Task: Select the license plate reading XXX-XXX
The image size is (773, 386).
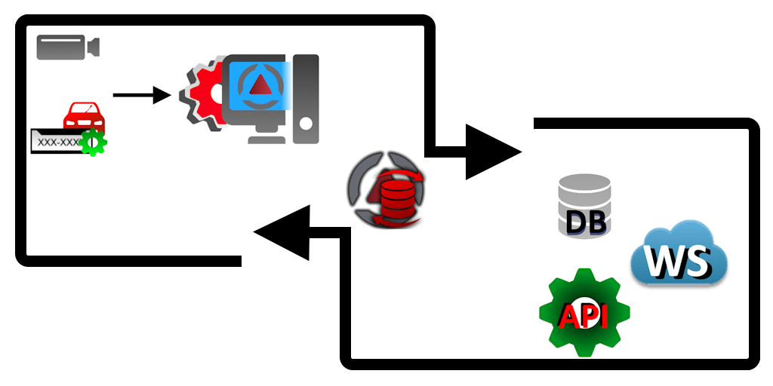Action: [x=57, y=141]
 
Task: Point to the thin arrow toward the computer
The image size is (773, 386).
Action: [x=140, y=95]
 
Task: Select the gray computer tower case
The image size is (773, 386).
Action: [x=306, y=98]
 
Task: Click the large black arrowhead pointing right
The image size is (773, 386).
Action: [x=491, y=152]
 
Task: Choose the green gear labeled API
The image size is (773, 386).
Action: [x=584, y=313]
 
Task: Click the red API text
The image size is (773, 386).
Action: [x=584, y=316]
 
